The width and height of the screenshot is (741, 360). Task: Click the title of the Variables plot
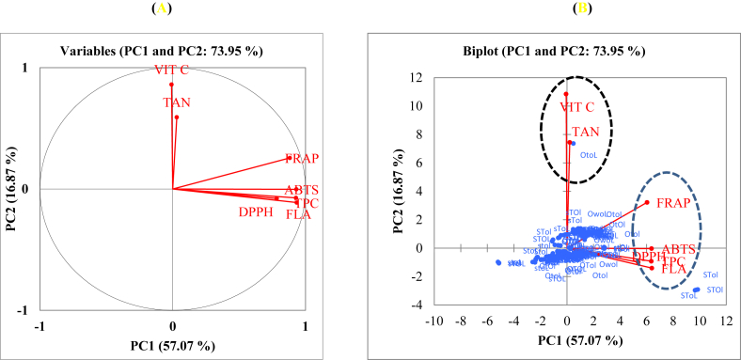click(172, 50)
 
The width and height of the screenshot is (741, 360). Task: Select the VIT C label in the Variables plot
click(172, 73)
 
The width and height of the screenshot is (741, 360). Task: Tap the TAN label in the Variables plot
click(178, 103)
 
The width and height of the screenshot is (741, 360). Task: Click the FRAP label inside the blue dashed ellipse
click(673, 203)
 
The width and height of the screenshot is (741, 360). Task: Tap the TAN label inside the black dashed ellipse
click(585, 132)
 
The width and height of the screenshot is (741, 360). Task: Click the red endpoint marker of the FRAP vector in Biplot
click(647, 202)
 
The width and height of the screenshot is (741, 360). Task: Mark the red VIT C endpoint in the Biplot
click(566, 94)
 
